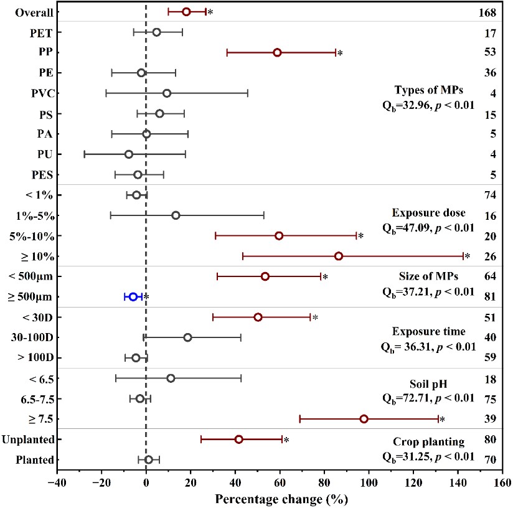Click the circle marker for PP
point(277,53)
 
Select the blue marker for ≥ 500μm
point(133,297)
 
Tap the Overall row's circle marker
point(186,12)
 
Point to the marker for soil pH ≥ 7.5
point(364,419)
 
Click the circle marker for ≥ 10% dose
point(339,256)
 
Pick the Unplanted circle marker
point(238,440)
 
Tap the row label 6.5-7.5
point(34,398)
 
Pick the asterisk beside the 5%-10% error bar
point(360,237)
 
